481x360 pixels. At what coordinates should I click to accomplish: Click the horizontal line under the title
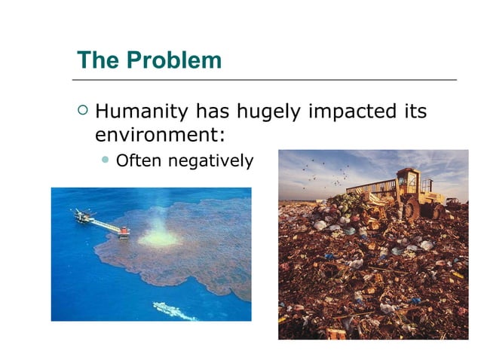265,79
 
